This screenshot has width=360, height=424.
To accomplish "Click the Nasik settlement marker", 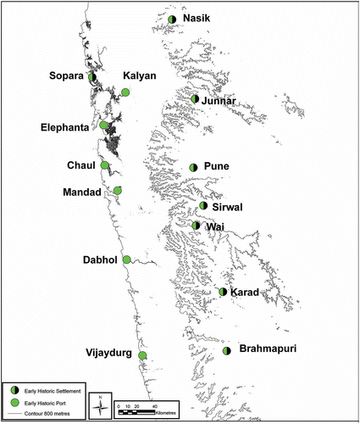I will tap(172, 19).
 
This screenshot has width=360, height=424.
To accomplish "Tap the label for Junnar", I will tap(218, 103).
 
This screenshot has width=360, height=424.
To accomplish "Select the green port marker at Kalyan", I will tap(125, 92).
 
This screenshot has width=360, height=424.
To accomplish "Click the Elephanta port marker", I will tap(104, 126).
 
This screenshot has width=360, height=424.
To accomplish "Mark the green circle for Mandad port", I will tap(118, 191).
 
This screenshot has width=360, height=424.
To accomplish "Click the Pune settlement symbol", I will tap(194, 167).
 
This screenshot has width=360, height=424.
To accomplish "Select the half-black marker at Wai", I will tap(196, 226).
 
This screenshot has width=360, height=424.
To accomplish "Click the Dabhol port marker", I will tap(126, 259).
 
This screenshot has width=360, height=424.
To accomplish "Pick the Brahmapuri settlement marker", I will tap(226, 350).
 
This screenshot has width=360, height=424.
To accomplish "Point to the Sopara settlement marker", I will tap(92, 76).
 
